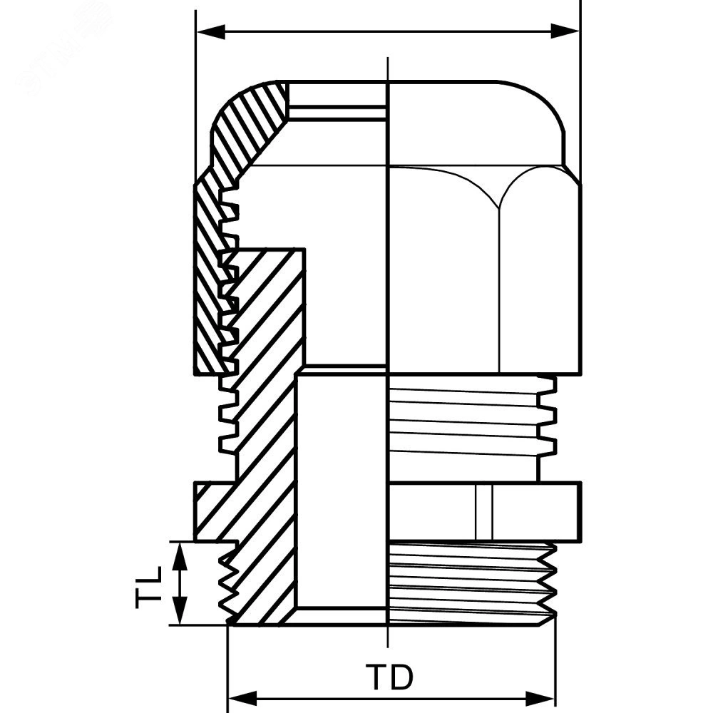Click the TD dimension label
click(390, 677)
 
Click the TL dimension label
click(149, 587)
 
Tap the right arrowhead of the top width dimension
click(565, 32)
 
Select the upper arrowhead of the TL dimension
click(180, 557)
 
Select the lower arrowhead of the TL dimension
click(180, 610)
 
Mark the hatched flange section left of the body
click(215, 512)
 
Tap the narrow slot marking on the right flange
click(484, 512)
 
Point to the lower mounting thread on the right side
click(473, 584)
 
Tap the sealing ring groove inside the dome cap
click(337, 113)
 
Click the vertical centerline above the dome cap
click(387, 69)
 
